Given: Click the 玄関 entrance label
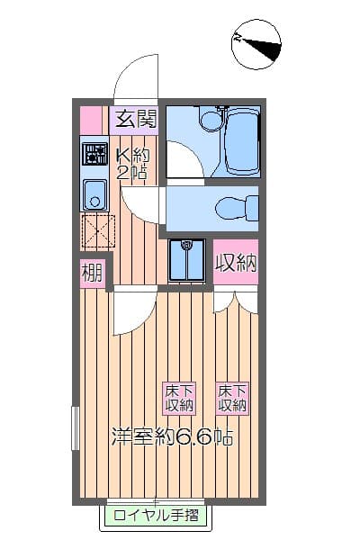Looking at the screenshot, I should pyautogui.click(x=135, y=119).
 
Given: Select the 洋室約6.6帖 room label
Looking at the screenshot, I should pyautogui.click(x=172, y=438).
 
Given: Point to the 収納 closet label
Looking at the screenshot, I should pyautogui.click(x=236, y=264).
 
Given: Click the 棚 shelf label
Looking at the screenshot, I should pyautogui.click(x=92, y=271).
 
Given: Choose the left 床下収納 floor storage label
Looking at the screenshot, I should pyautogui.click(x=178, y=398).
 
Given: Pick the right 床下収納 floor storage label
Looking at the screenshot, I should pyautogui.click(x=231, y=398).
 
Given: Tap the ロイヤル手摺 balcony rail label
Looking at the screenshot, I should pyautogui.click(x=155, y=516).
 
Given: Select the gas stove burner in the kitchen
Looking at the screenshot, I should pyautogui.click(x=94, y=154).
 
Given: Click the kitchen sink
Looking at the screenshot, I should pyautogui.click(x=94, y=193).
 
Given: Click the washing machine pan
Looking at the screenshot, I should pyautogui.click(x=187, y=260).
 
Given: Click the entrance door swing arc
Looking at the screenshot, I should pyautogui.click(x=135, y=76).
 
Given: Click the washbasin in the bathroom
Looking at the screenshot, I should pyautogui.click(x=211, y=117).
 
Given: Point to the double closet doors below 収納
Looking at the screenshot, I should pyautogui.click(x=236, y=301).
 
